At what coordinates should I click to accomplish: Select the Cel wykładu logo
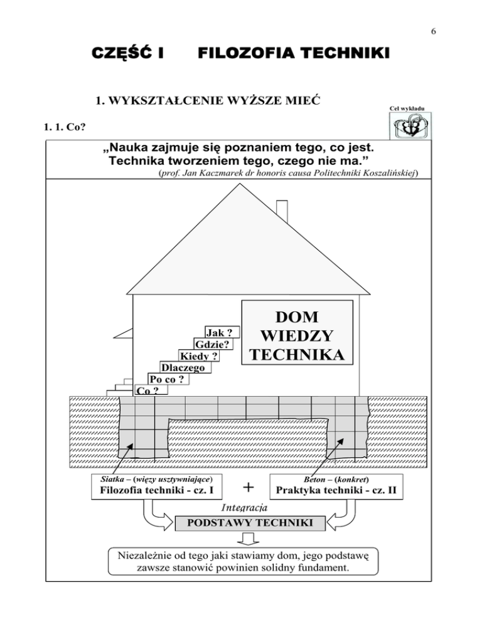tap(409, 128)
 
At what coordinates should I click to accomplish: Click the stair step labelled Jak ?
tap(222, 333)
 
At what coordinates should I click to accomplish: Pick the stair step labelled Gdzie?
tap(211, 345)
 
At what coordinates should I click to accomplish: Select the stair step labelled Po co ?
tap(166, 379)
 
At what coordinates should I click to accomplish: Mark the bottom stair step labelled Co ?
tap(147, 390)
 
